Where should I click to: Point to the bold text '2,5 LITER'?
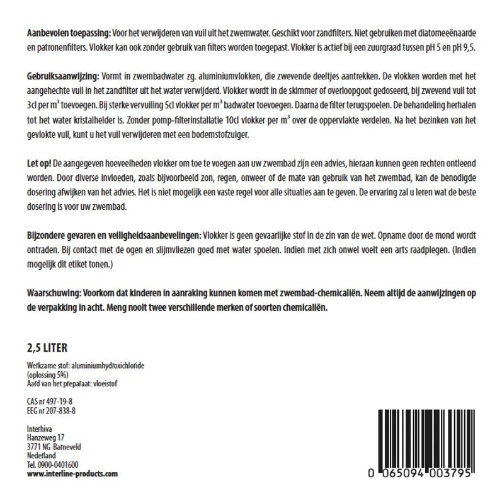coord(47,347)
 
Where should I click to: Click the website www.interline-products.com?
coord(72,473)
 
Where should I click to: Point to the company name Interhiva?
coord(41,429)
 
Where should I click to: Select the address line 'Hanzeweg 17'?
coord(46,438)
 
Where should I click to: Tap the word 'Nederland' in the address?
coord(42,456)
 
